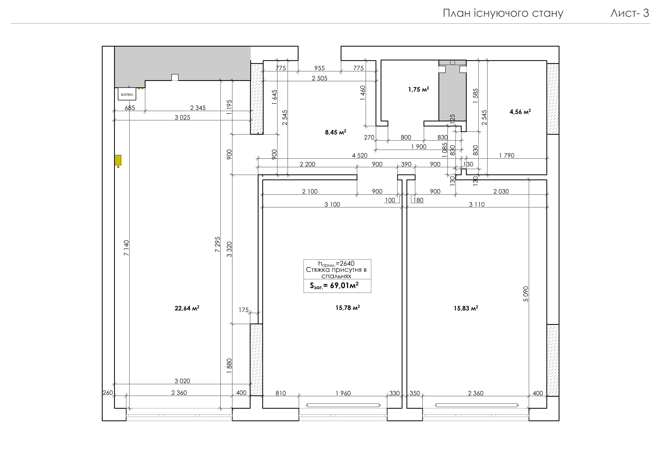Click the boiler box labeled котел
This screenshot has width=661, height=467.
point(127,94)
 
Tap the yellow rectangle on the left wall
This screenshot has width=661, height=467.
point(118,160)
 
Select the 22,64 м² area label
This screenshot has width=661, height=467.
point(187,308)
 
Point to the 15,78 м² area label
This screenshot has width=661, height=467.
point(348,308)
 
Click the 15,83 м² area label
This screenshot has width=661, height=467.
point(466,308)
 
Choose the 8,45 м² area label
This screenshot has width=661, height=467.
point(335,132)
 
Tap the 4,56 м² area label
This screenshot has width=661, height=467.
point(520,112)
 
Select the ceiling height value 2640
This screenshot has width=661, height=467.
point(347,263)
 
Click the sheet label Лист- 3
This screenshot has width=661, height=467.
point(630,13)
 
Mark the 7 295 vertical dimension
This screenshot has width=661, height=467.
point(218,244)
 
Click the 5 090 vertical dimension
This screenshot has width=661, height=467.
point(526,294)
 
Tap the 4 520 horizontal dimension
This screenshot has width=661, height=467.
point(360,155)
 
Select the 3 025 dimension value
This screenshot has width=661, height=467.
point(182,117)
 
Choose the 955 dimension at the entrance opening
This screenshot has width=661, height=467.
point(319,68)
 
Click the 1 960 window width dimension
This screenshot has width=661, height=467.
point(343,393)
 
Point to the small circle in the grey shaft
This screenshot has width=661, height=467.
point(452,62)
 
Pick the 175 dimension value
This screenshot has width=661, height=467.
point(244,310)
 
